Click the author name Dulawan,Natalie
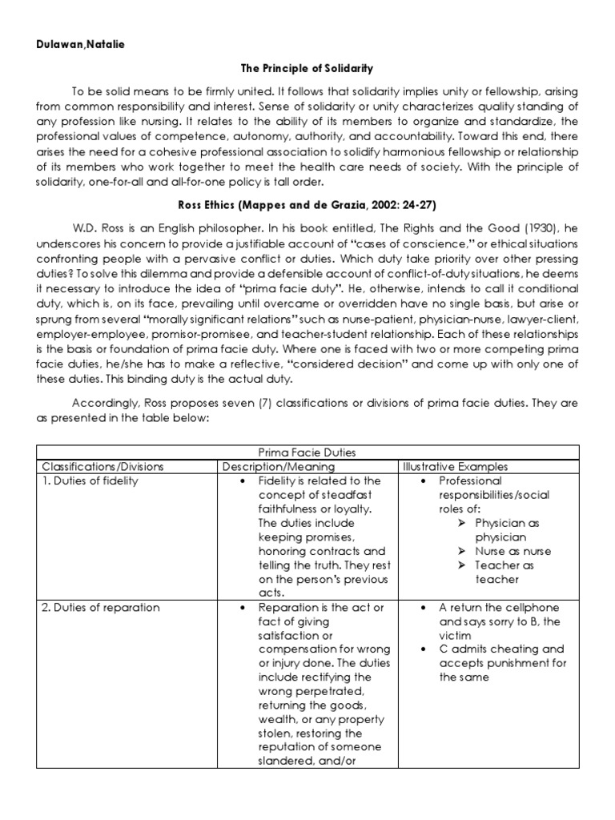tap(79, 45)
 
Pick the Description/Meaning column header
tap(278, 467)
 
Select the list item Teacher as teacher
tap(508, 573)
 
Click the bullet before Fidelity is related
tap(243, 481)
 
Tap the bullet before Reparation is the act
tap(243, 608)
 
